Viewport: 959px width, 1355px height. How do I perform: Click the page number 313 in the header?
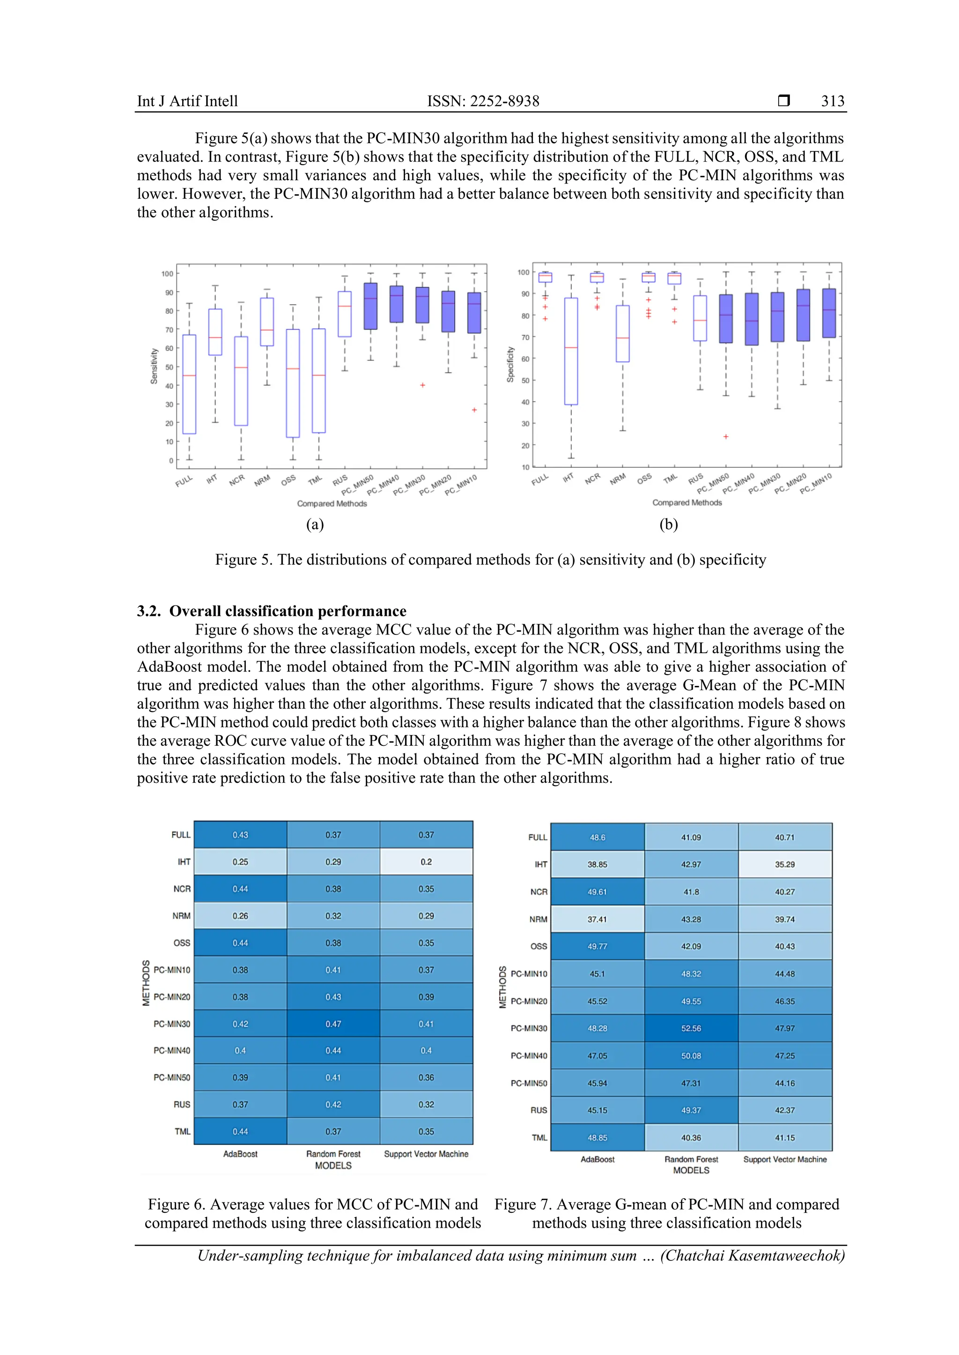coord(832,101)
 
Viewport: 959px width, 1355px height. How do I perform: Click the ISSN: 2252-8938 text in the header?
coord(483,101)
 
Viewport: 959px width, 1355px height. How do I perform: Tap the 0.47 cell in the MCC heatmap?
coord(333,1024)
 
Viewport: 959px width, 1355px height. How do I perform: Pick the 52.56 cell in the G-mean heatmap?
coord(691,1028)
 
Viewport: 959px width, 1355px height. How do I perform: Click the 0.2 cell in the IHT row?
coord(426,862)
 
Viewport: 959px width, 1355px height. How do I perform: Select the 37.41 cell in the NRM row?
coord(597,919)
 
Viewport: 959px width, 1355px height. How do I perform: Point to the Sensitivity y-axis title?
coord(154,366)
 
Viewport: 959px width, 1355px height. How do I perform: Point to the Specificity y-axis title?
coord(510,364)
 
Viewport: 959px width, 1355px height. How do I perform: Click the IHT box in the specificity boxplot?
coord(570,351)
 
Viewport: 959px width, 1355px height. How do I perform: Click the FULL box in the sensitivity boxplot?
coord(189,384)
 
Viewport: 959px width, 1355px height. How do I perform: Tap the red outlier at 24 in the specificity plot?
coord(726,437)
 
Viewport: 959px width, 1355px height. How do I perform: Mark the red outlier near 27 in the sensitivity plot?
coord(474,409)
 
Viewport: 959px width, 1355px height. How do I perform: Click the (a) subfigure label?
coord(315,524)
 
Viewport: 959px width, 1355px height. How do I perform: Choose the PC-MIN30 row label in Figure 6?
coord(172,1024)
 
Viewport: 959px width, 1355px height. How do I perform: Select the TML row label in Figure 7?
coord(539,1137)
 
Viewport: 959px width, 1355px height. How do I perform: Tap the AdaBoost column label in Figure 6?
coord(240,1154)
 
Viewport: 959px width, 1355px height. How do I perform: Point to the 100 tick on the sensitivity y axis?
coord(167,274)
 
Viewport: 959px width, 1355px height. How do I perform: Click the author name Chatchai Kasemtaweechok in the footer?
coord(751,1255)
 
